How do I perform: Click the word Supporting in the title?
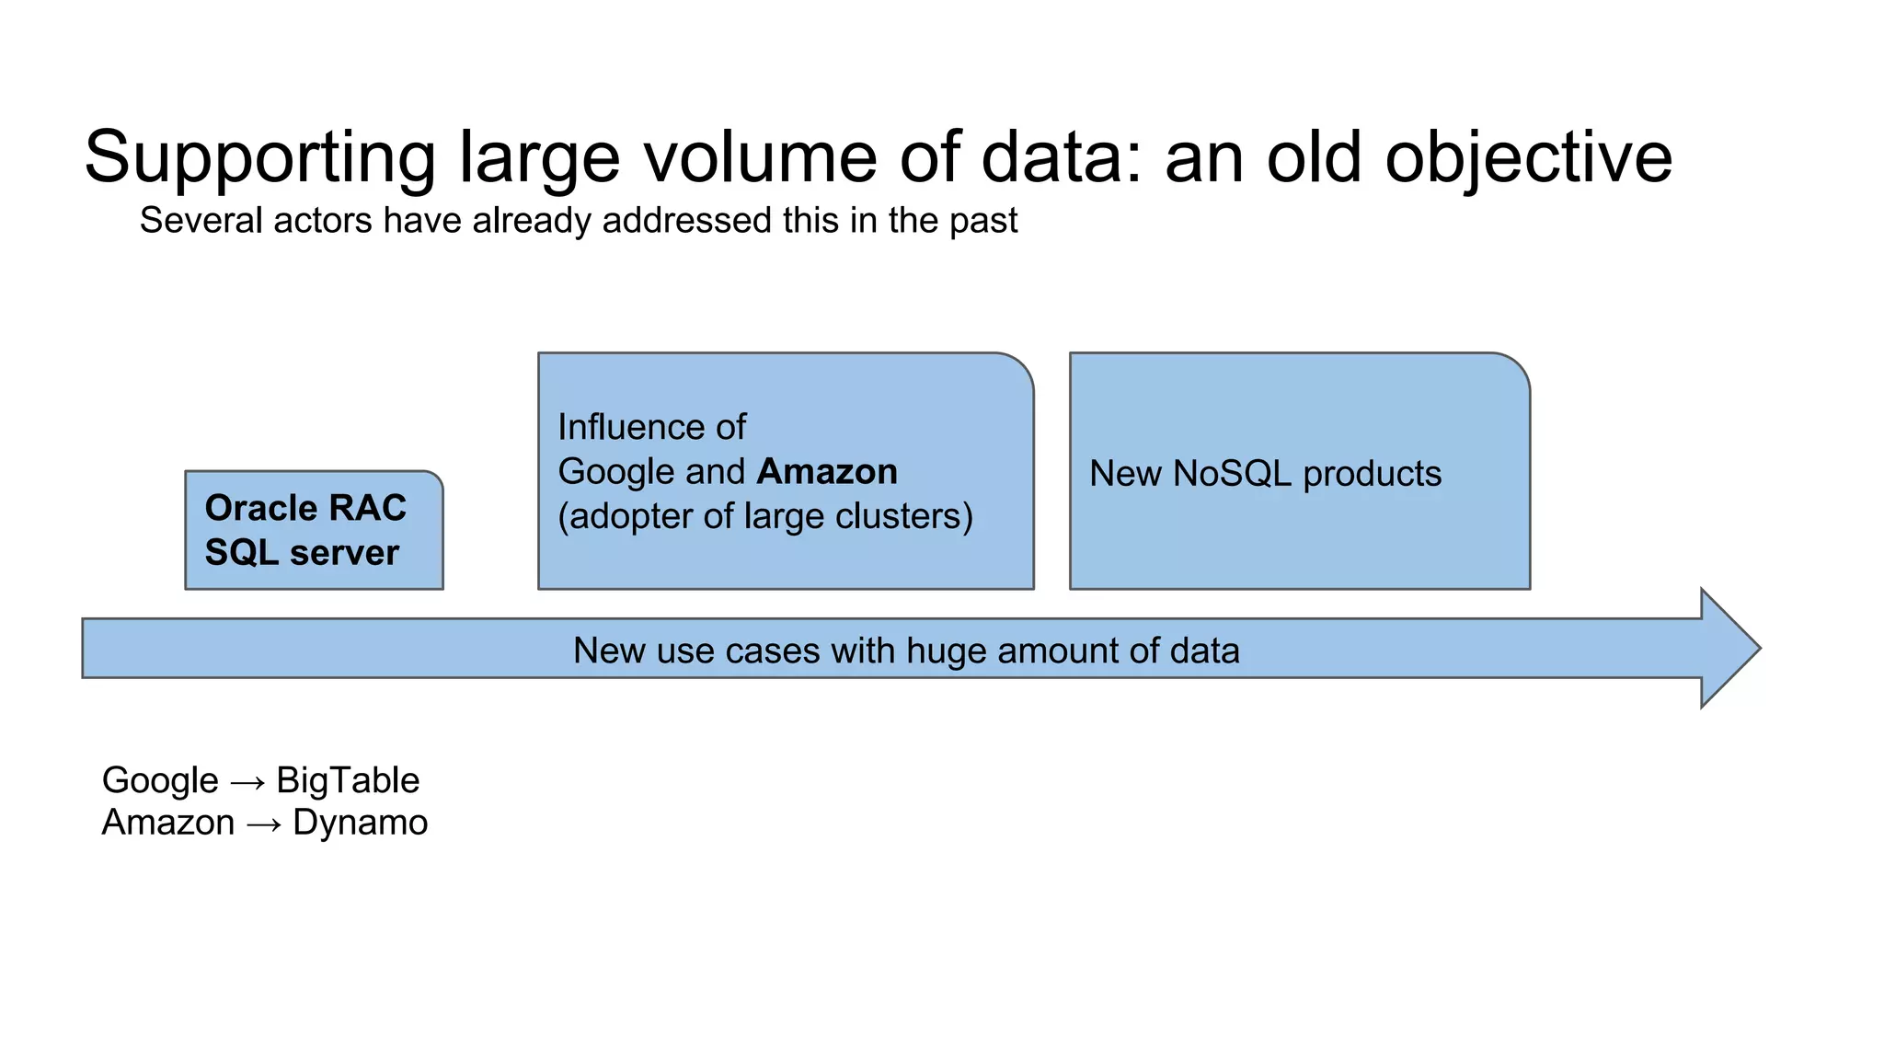[259, 158]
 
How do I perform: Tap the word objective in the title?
[1528, 158]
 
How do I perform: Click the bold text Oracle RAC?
[305, 508]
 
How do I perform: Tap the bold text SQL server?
[302, 553]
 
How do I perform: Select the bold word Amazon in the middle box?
[826, 472]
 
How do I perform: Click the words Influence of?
[651, 428]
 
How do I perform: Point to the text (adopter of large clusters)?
[765, 517]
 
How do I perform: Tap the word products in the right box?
[1372, 475]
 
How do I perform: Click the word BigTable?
[348, 780]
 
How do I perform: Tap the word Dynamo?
[360, 823]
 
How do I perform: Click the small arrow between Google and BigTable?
[247, 783]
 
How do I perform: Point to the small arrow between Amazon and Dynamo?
[264, 825]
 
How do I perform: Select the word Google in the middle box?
[617, 472]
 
